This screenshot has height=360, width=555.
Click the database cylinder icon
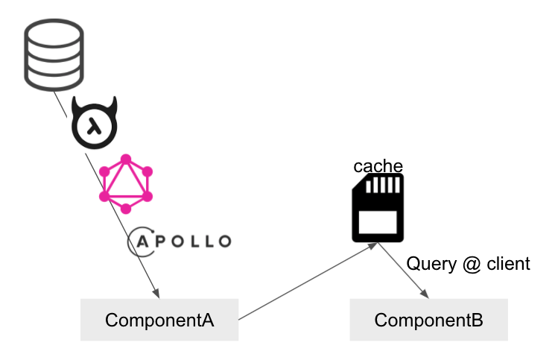pos(54,55)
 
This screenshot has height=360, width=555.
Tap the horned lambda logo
pos(94,122)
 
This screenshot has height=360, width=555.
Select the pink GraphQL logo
pos(126,184)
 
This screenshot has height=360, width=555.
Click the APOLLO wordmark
pos(180,241)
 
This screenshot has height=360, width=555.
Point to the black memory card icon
pos(378,208)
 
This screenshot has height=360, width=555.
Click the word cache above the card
pos(378,166)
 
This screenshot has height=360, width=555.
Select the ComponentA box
pos(159,320)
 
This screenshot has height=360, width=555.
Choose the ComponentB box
pos(428,320)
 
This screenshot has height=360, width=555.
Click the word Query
pos(431,264)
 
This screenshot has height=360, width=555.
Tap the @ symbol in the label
pos(472,265)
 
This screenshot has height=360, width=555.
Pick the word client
pos(508,264)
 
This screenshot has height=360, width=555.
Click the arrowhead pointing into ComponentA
pos(156,294)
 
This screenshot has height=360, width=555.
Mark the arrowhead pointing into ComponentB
pos(425,294)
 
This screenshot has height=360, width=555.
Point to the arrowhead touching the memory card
pos(372,246)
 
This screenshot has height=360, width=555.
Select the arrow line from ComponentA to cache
pos(308,281)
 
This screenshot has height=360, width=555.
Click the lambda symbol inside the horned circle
pos(94,127)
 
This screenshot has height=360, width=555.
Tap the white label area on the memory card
pos(378,222)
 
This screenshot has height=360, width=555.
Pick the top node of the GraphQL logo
pos(126,160)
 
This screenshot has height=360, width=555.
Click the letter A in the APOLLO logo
pos(142,241)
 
